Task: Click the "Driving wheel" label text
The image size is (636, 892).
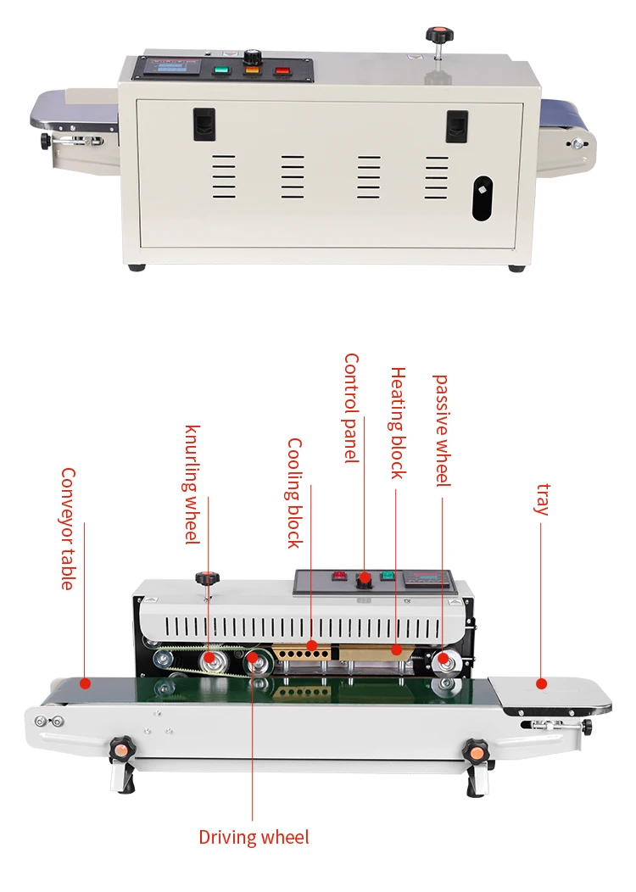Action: coord(254,838)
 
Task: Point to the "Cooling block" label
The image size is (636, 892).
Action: coord(294,493)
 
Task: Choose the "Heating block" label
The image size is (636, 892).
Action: coord(398,423)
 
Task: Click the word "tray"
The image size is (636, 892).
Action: coord(543,499)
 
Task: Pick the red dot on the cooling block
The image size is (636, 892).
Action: coord(311,646)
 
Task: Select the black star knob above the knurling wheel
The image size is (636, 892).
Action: coord(204,578)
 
